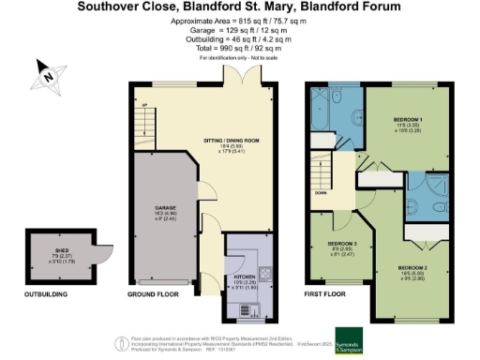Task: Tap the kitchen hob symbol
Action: [263, 275]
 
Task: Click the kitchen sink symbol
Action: [228, 308]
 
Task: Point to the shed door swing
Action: [97, 252]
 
